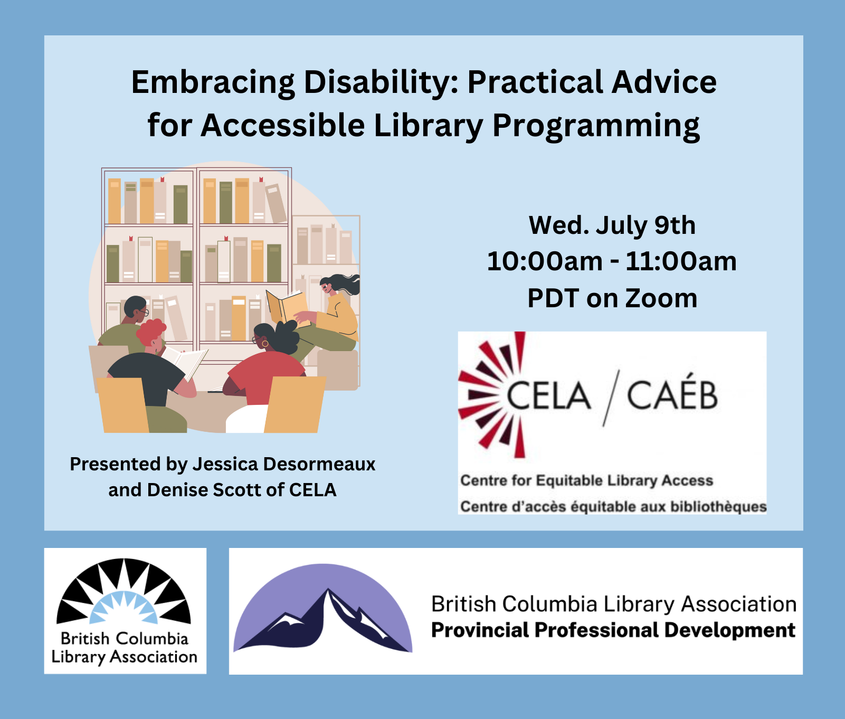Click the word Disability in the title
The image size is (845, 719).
(x=381, y=82)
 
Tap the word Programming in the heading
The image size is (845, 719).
(x=596, y=127)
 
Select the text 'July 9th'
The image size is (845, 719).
(x=646, y=225)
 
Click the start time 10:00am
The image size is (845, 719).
(x=545, y=261)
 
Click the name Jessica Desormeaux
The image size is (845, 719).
(x=284, y=464)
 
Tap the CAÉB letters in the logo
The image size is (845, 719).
(x=672, y=394)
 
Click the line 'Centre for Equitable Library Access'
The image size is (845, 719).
(x=586, y=480)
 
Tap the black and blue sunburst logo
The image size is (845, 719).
(x=124, y=591)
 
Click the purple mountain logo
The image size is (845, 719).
(x=323, y=608)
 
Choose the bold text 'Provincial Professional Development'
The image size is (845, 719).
(x=613, y=630)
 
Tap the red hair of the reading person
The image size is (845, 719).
(x=151, y=332)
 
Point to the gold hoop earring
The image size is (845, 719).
(x=265, y=343)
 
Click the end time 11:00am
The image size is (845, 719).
(x=681, y=261)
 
